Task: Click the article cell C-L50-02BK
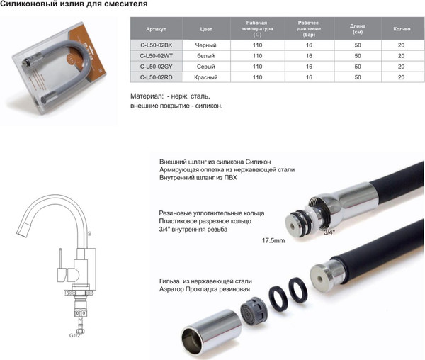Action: (156, 45)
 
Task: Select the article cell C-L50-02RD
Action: (156, 77)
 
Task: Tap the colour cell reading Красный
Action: (207, 77)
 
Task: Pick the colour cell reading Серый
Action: (207, 66)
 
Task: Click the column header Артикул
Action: (156, 30)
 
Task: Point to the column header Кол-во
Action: (402, 30)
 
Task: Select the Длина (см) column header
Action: (358, 30)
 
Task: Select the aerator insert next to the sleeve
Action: (250, 309)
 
